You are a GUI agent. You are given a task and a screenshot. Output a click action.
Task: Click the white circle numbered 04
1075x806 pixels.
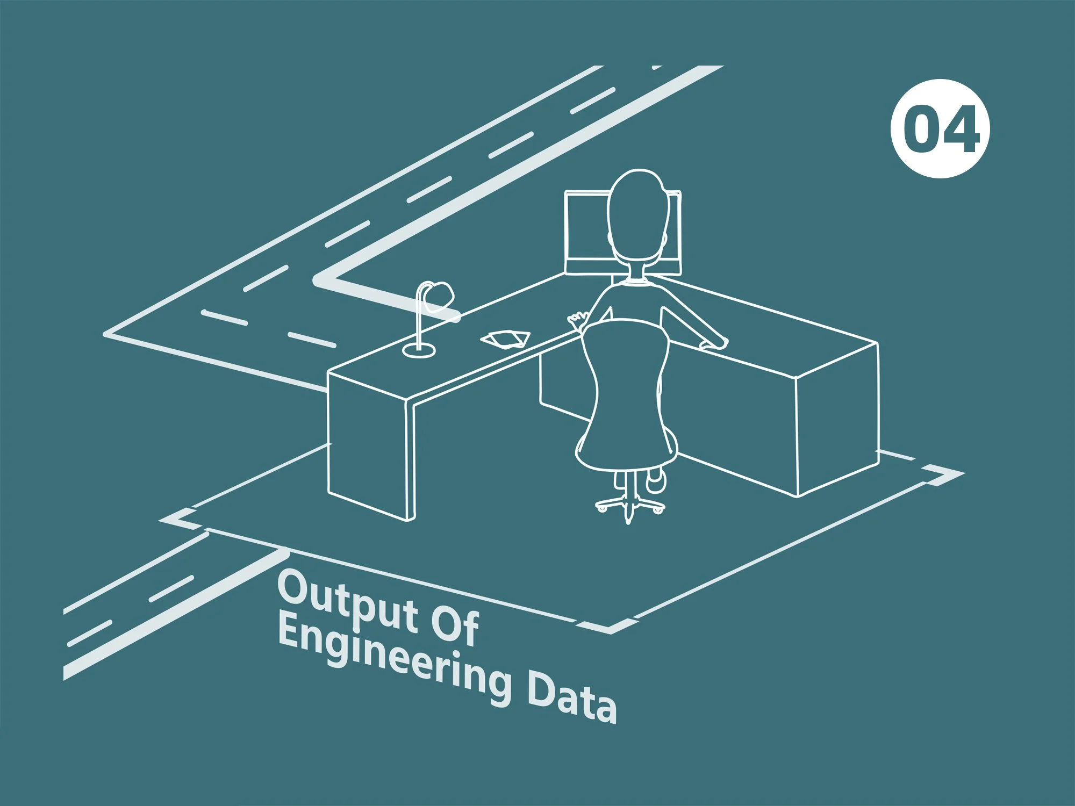tap(940, 128)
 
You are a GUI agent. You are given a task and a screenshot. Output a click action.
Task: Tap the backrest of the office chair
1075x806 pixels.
tap(626, 392)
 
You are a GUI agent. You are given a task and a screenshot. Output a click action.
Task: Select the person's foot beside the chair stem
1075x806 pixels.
tap(655, 480)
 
